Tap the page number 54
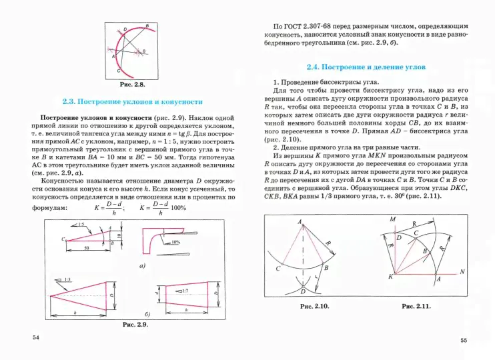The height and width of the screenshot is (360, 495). pos(37,339)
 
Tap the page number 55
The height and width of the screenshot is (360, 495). pos(464,341)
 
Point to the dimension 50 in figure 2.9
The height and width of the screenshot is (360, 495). pos(87,247)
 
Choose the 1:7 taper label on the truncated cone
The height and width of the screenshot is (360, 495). pos(187,291)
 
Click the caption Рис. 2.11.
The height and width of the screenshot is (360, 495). pos(416,307)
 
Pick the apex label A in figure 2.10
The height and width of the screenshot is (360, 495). pos(301,221)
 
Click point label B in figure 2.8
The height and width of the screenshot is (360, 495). pos(147,25)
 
